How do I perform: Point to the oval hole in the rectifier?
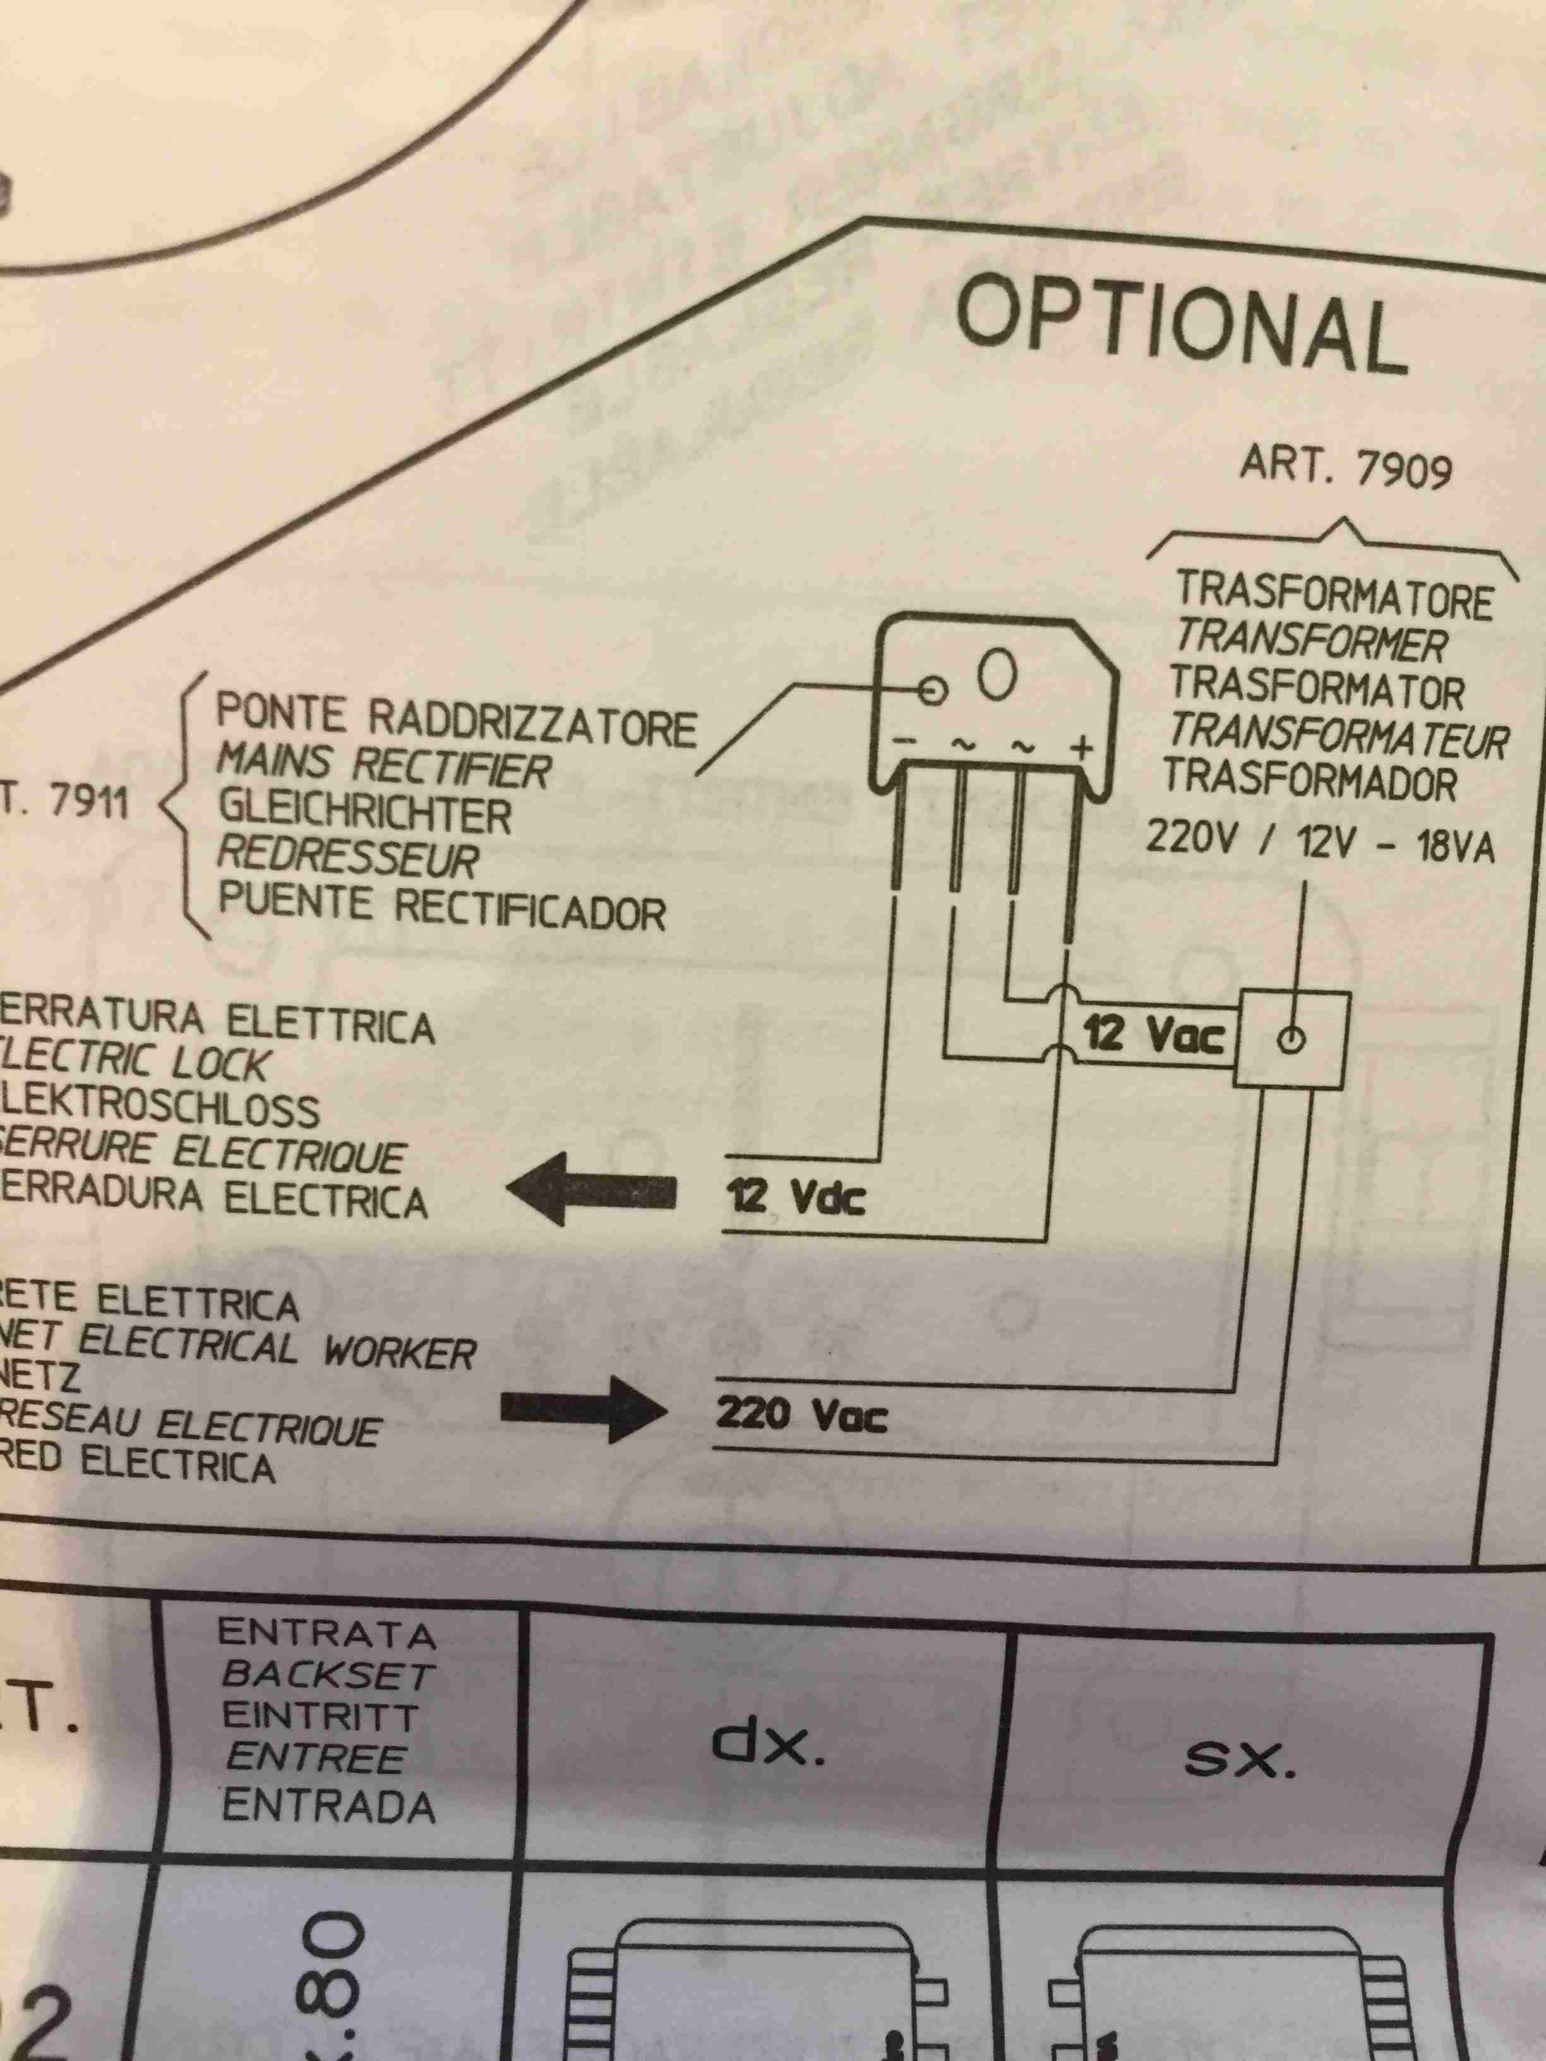pos(995,678)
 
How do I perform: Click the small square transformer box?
pos(1291,1039)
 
